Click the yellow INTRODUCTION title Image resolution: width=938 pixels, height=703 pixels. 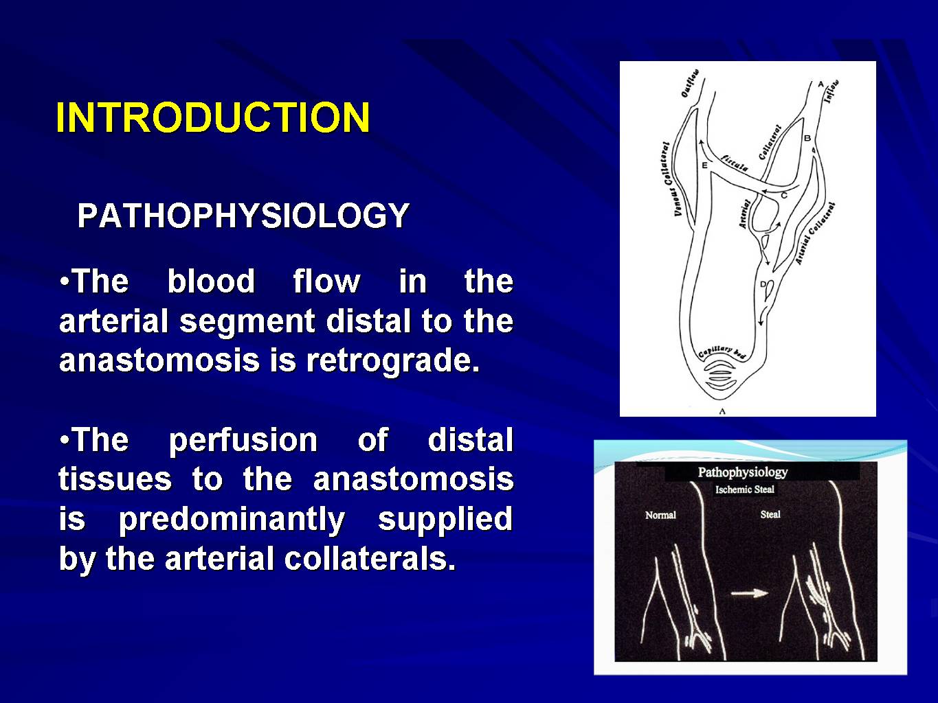(x=213, y=117)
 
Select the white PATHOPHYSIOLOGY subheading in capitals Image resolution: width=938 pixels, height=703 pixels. (x=243, y=216)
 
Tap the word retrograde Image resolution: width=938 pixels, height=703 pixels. (x=392, y=360)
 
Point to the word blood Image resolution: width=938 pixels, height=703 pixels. (x=211, y=281)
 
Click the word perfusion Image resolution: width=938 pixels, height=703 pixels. (x=243, y=441)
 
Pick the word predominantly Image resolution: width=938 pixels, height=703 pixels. (x=231, y=520)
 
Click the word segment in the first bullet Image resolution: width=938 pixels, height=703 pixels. (x=247, y=322)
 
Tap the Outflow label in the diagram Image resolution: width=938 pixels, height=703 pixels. (x=690, y=83)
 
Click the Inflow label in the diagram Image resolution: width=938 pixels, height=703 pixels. (x=831, y=91)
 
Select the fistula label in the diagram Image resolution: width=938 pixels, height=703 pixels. (x=734, y=163)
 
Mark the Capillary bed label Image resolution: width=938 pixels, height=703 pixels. (x=722, y=353)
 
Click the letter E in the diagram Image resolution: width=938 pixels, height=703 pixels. (x=704, y=165)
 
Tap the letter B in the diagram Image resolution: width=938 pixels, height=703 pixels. (x=807, y=138)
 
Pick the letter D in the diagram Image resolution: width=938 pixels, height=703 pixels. (x=763, y=284)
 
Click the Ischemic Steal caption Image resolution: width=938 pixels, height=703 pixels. (x=744, y=489)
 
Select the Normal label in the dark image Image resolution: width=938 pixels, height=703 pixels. (x=660, y=515)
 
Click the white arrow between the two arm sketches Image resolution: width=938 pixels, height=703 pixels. (x=750, y=593)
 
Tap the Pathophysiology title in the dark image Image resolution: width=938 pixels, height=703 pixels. (x=743, y=472)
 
